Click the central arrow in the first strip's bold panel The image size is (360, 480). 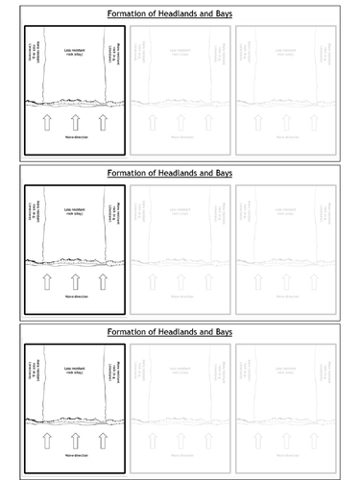(75, 123)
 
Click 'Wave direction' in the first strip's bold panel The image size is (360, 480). (75, 140)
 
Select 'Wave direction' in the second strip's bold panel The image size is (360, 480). (75, 300)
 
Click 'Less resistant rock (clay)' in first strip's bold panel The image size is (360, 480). (75, 54)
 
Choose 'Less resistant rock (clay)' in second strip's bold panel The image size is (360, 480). (75, 213)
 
